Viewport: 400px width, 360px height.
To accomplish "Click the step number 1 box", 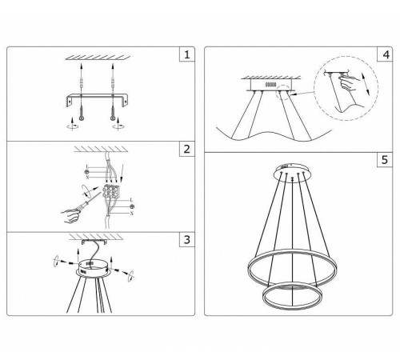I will pyautogui.click(x=186, y=55).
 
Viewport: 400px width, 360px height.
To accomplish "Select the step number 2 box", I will pyautogui.click(x=186, y=150).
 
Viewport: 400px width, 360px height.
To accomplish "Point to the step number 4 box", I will pyautogui.click(x=386, y=55).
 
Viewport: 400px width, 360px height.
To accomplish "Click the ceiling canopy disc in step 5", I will pyautogui.click(x=290, y=170).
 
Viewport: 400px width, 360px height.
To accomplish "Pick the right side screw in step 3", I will pyautogui.click(x=125, y=273).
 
